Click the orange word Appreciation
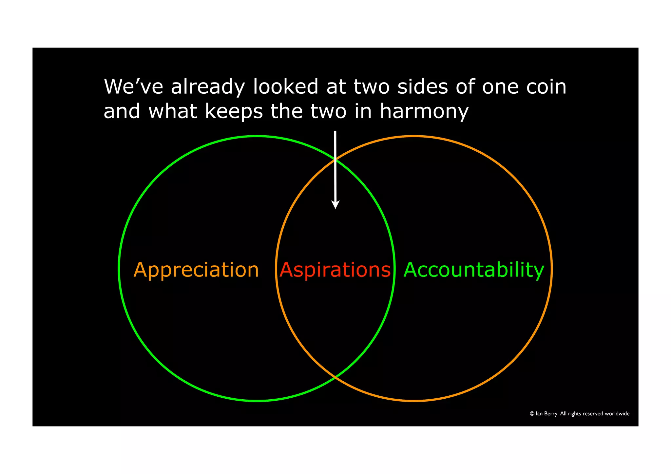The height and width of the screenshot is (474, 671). click(x=196, y=270)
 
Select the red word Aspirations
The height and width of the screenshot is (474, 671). click(x=335, y=270)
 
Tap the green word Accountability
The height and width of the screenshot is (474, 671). click(x=473, y=270)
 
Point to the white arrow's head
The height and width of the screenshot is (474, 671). click(x=335, y=205)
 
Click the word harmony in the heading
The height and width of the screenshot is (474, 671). click(x=424, y=112)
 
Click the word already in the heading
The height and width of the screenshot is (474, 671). click(x=208, y=87)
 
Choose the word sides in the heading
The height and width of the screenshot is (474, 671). click(x=422, y=87)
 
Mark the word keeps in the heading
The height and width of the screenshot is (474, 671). click(x=234, y=112)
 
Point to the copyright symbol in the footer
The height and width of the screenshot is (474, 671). click(x=532, y=414)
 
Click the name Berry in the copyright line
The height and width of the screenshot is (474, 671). click(x=551, y=414)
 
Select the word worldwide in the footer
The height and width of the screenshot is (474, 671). click(x=617, y=414)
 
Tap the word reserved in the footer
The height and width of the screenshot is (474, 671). click(x=592, y=414)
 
